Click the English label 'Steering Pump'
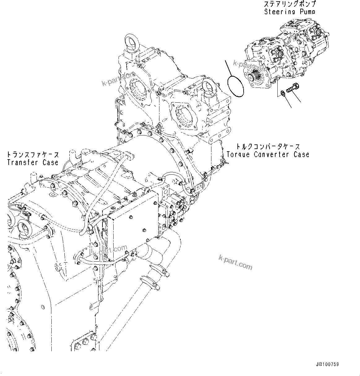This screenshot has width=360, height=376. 290,12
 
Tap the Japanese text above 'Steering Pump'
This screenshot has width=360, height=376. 290,4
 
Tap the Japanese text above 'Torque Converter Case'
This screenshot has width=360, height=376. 268,147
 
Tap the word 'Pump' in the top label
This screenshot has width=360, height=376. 306,12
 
